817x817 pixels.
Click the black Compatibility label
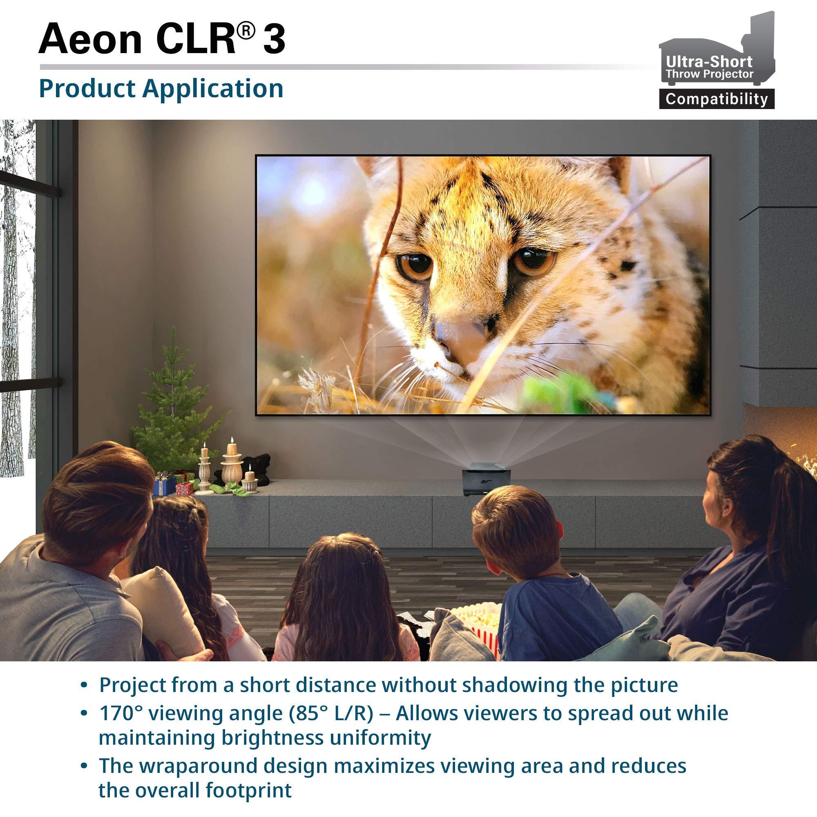(x=717, y=99)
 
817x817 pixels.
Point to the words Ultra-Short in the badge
(x=709, y=62)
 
